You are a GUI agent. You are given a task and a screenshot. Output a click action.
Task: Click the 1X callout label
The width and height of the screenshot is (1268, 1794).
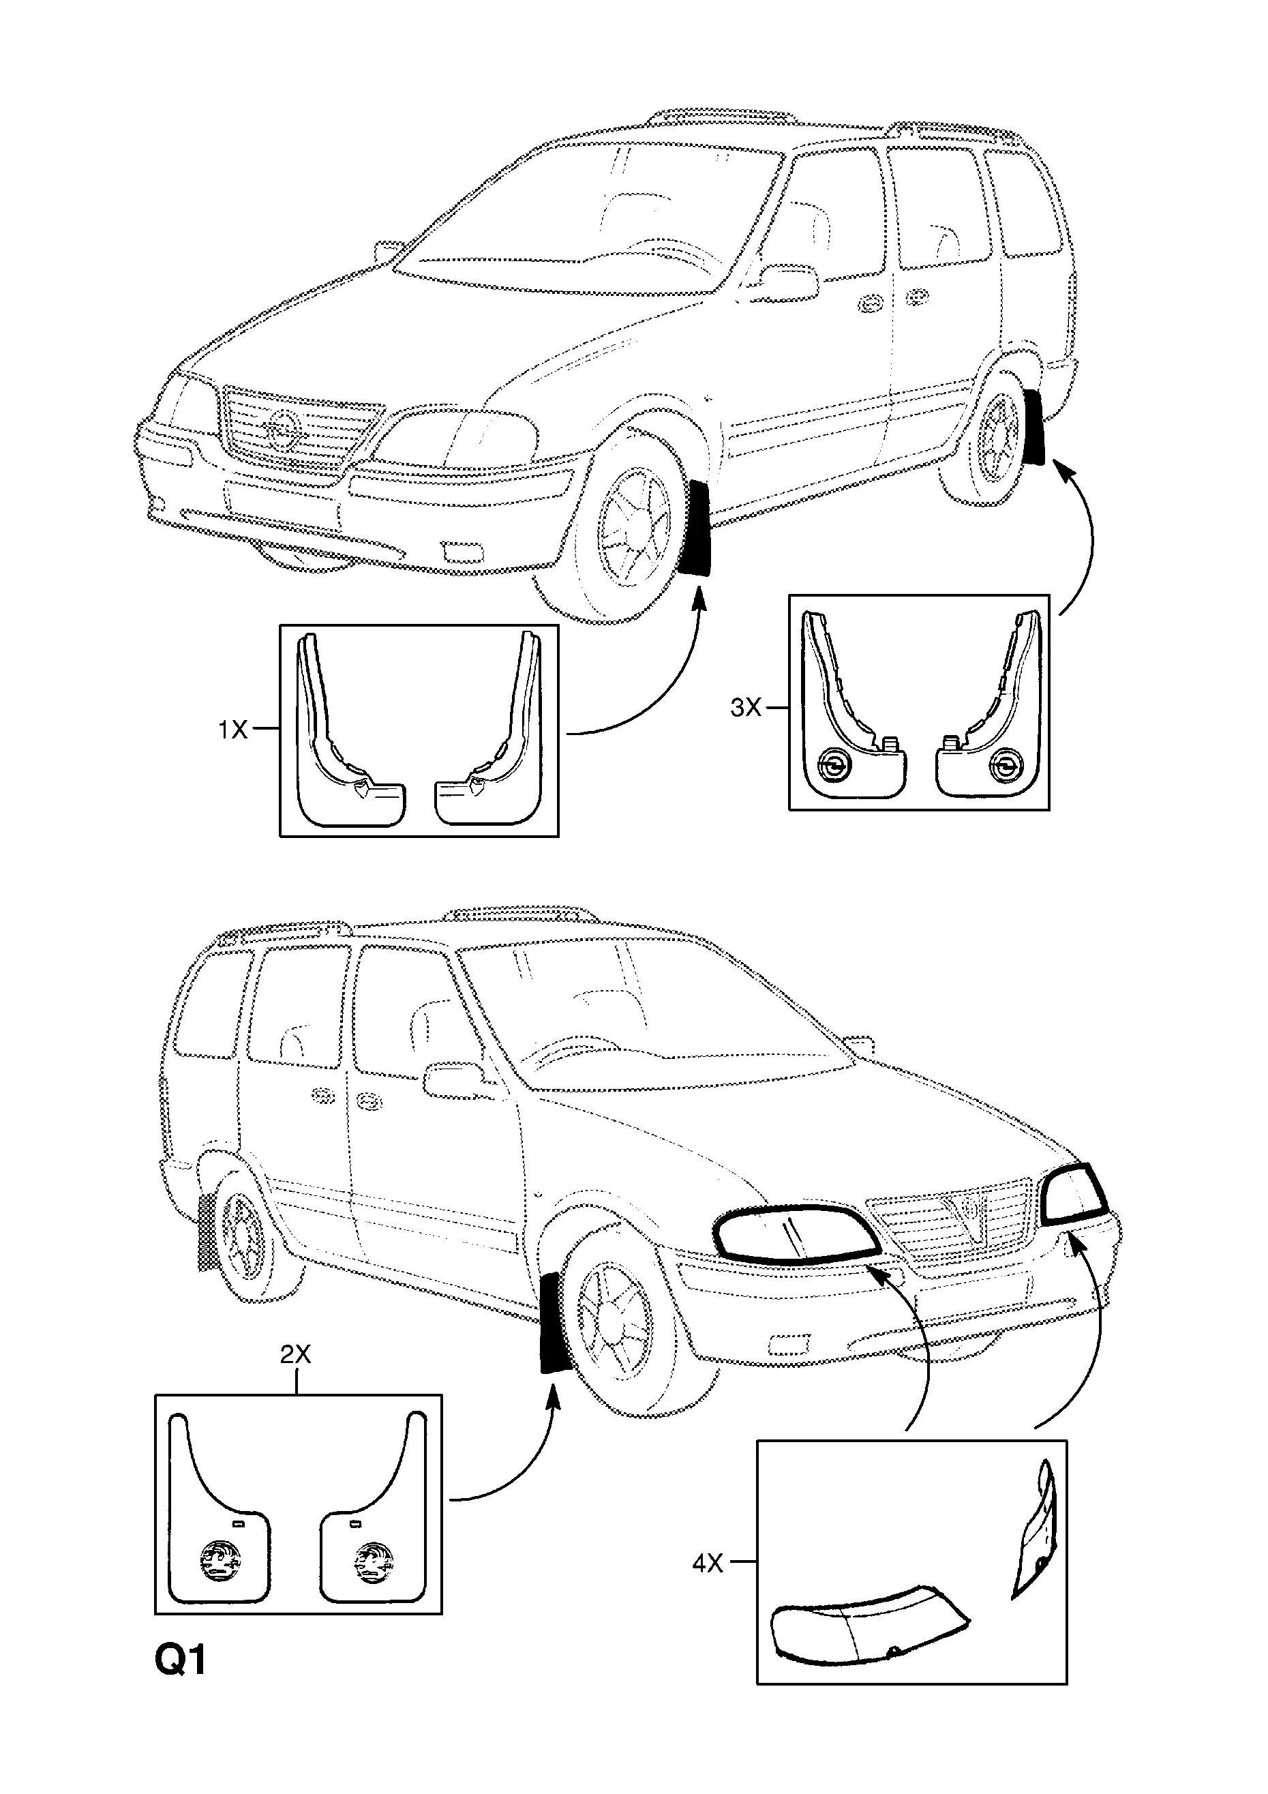click(232, 730)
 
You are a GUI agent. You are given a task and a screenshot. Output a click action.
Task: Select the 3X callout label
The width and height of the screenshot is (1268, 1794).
click(744, 708)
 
